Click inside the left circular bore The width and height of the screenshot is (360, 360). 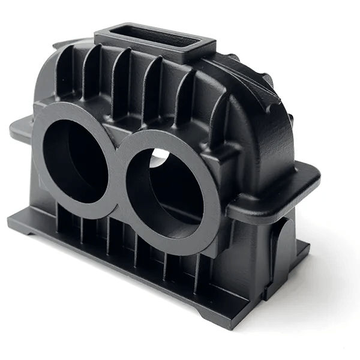75,160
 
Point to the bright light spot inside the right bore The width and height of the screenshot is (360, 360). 160,158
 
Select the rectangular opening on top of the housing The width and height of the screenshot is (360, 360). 155,36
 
